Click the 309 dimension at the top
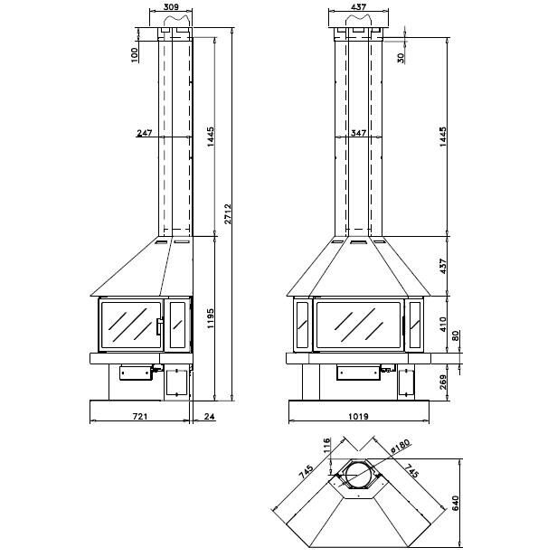pos(172,6)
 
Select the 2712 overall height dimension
pos(228,213)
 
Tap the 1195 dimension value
pos(211,318)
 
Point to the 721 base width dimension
pos(140,416)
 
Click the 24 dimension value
pos(210,416)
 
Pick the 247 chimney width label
pos(145,133)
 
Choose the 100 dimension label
pos(135,55)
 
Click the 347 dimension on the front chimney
pos(358,133)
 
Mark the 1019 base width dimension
pos(358,416)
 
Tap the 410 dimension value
pos(443,325)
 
